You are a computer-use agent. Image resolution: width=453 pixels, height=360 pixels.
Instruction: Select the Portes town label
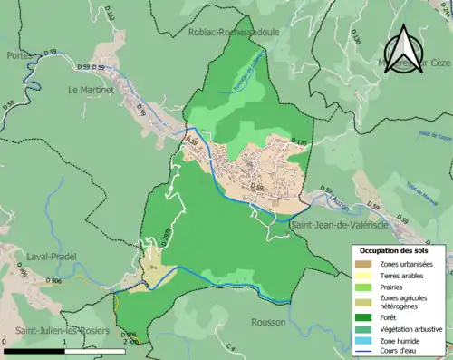point(19,55)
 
